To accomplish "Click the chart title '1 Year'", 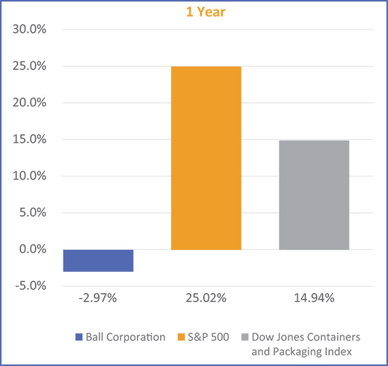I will click(x=194, y=12).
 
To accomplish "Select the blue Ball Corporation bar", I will click(x=98, y=260).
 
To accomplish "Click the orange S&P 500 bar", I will click(x=206, y=158).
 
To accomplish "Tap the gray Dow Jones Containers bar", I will click(x=314, y=195).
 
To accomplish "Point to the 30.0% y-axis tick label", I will click(x=27, y=30).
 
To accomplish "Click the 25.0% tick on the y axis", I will click(x=27, y=66).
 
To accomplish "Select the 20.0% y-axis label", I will click(x=27, y=103).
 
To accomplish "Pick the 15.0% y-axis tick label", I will click(x=27, y=139).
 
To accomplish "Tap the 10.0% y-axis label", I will click(x=27, y=176).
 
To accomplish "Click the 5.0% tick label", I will click(x=30, y=213).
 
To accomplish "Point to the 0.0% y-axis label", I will click(x=30, y=249).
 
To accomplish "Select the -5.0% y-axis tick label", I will click(x=28, y=286).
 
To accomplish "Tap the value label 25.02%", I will click(x=206, y=297).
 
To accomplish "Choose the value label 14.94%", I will click(x=314, y=297).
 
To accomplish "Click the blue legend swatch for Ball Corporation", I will click(x=79, y=337).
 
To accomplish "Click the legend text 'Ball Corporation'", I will click(x=126, y=337).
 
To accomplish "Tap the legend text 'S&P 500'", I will click(x=208, y=337).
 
